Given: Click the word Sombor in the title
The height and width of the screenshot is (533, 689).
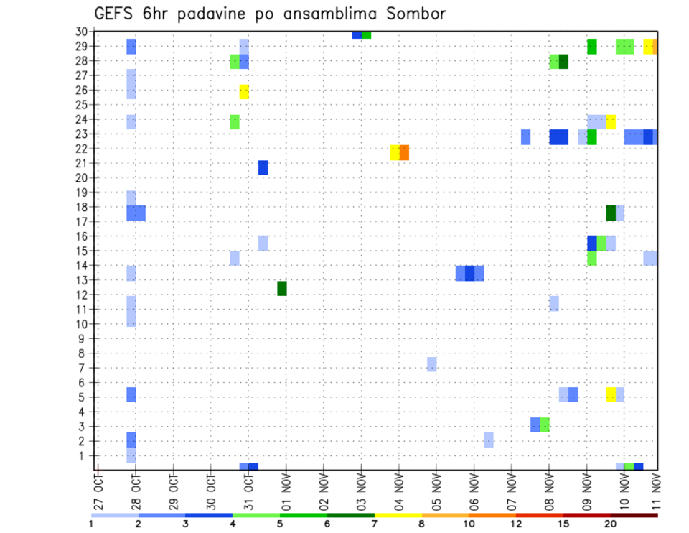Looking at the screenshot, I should pyautogui.click(x=416, y=14).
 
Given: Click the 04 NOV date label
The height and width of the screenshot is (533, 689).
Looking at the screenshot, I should pyautogui.click(x=398, y=488).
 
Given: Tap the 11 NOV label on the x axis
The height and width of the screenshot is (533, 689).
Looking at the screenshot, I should pyautogui.click(x=655, y=488).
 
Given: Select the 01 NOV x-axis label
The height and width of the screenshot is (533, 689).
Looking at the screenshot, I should pyautogui.click(x=286, y=488).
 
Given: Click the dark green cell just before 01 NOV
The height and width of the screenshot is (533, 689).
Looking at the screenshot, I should pyautogui.click(x=282, y=288).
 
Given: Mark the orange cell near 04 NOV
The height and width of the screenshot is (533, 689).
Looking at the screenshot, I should pyautogui.click(x=404, y=152).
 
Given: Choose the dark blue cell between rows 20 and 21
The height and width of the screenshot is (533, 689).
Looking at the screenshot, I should pyautogui.click(x=263, y=167).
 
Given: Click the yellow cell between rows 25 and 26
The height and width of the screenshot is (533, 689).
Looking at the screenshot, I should pyautogui.click(x=244, y=91).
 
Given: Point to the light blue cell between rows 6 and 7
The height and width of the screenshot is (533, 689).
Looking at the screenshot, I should pyautogui.click(x=431, y=364).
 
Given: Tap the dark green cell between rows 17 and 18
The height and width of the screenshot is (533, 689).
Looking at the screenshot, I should pyautogui.click(x=611, y=213).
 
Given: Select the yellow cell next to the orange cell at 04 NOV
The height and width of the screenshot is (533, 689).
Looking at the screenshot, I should pyautogui.click(x=395, y=152).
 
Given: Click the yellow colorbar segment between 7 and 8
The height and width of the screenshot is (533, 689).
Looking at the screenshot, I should pyautogui.click(x=398, y=515).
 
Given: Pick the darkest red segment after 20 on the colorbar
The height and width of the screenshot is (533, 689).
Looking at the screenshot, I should pyautogui.click(x=634, y=515).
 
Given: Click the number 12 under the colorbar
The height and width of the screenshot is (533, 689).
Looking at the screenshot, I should pyautogui.click(x=516, y=524).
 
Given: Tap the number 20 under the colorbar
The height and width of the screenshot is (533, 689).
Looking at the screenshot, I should pyautogui.click(x=610, y=524).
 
